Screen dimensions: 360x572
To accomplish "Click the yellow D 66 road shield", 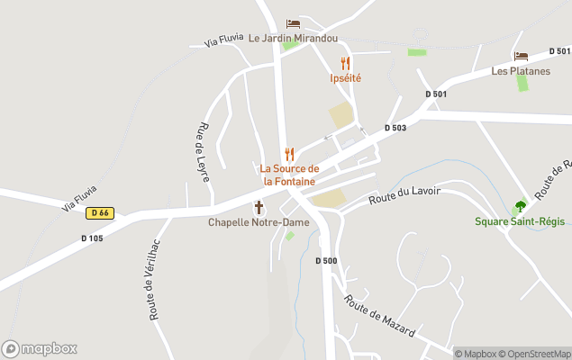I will click(x=100, y=213).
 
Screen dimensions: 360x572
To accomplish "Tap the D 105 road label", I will click(x=91, y=238).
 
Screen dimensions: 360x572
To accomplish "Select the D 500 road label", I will click(x=326, y=261).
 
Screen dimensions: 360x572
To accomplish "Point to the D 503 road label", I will click(x=395, y=128).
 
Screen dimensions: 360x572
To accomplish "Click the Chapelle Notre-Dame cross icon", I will click(x=259, y=207).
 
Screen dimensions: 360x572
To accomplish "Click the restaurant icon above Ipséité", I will click(x=345, y=63).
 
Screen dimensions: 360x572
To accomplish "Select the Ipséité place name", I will click(x=345, y=78).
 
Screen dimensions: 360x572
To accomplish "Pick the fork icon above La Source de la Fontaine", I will click(x=289, y=154).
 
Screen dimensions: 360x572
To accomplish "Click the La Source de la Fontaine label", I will click(x=289, y=175).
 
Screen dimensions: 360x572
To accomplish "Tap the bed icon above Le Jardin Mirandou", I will click(x=293, y=23).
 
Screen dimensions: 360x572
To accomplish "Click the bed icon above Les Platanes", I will click(x=521, y=56).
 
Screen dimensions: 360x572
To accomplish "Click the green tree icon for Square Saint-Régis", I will click(x=520, y=206).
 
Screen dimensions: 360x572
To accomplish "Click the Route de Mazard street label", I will click(x=379, y=317).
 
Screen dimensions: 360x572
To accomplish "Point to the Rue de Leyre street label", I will click(x=203, y=153).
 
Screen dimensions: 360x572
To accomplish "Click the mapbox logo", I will click(x=40, y=348).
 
